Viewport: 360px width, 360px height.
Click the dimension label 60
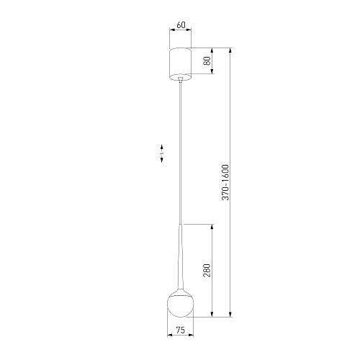click(181, 25)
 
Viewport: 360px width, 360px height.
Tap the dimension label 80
click(207, 60)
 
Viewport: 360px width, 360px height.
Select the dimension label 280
click(207, 270)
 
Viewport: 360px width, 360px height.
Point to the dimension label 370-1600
click(225, 182)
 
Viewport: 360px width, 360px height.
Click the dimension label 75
click(181, 330)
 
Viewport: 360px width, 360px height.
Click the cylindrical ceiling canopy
click(181, 64)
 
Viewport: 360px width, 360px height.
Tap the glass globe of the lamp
click(181, 305)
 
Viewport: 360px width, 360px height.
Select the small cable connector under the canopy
click(181, 80)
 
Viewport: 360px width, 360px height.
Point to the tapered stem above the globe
click(181, 258)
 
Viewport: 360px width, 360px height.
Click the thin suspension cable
click(181, 153)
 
